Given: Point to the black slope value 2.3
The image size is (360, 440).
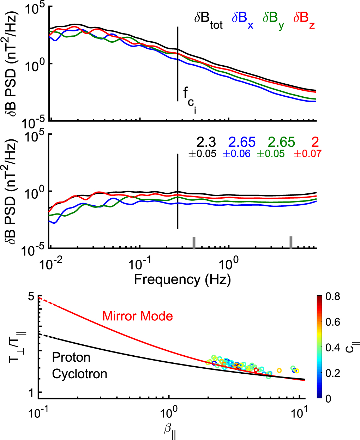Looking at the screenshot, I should click(206, 142).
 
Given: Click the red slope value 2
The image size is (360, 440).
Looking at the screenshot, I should click(315, 142).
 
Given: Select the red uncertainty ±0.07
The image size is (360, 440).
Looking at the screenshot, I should click(307, 154).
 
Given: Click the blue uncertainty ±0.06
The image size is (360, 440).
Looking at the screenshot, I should click(236, 154).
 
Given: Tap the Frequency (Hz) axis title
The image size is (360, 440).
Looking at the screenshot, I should click(182, 279).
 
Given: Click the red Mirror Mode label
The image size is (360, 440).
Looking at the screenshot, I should click(137, 316).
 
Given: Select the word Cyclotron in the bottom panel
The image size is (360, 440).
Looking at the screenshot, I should click(79, 374).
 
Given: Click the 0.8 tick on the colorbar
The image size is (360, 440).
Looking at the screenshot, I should click(332, 296).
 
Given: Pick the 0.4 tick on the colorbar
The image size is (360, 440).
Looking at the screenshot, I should click(332, 348).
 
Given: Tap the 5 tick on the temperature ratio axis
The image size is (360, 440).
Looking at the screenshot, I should click(31, 297).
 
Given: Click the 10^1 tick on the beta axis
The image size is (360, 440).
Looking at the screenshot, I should click(300, 413).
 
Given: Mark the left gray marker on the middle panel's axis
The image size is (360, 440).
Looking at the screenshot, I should click(194, 243).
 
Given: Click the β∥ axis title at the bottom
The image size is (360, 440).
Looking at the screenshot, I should click(170, 431).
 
